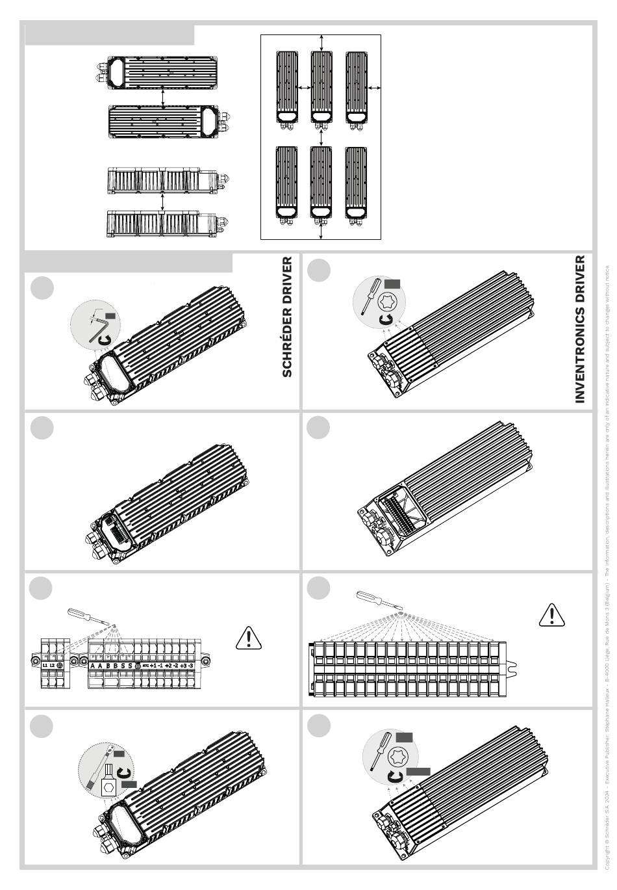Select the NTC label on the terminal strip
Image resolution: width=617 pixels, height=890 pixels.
145,666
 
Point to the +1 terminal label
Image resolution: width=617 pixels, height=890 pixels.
153,666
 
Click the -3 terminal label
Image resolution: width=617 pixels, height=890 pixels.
190,666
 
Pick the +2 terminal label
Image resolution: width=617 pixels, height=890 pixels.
168,666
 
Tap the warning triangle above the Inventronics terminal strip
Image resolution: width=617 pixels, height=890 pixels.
552,614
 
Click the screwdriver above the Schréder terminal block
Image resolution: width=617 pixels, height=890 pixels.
87,616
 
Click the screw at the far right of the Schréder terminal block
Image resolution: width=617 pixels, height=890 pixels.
205,662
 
